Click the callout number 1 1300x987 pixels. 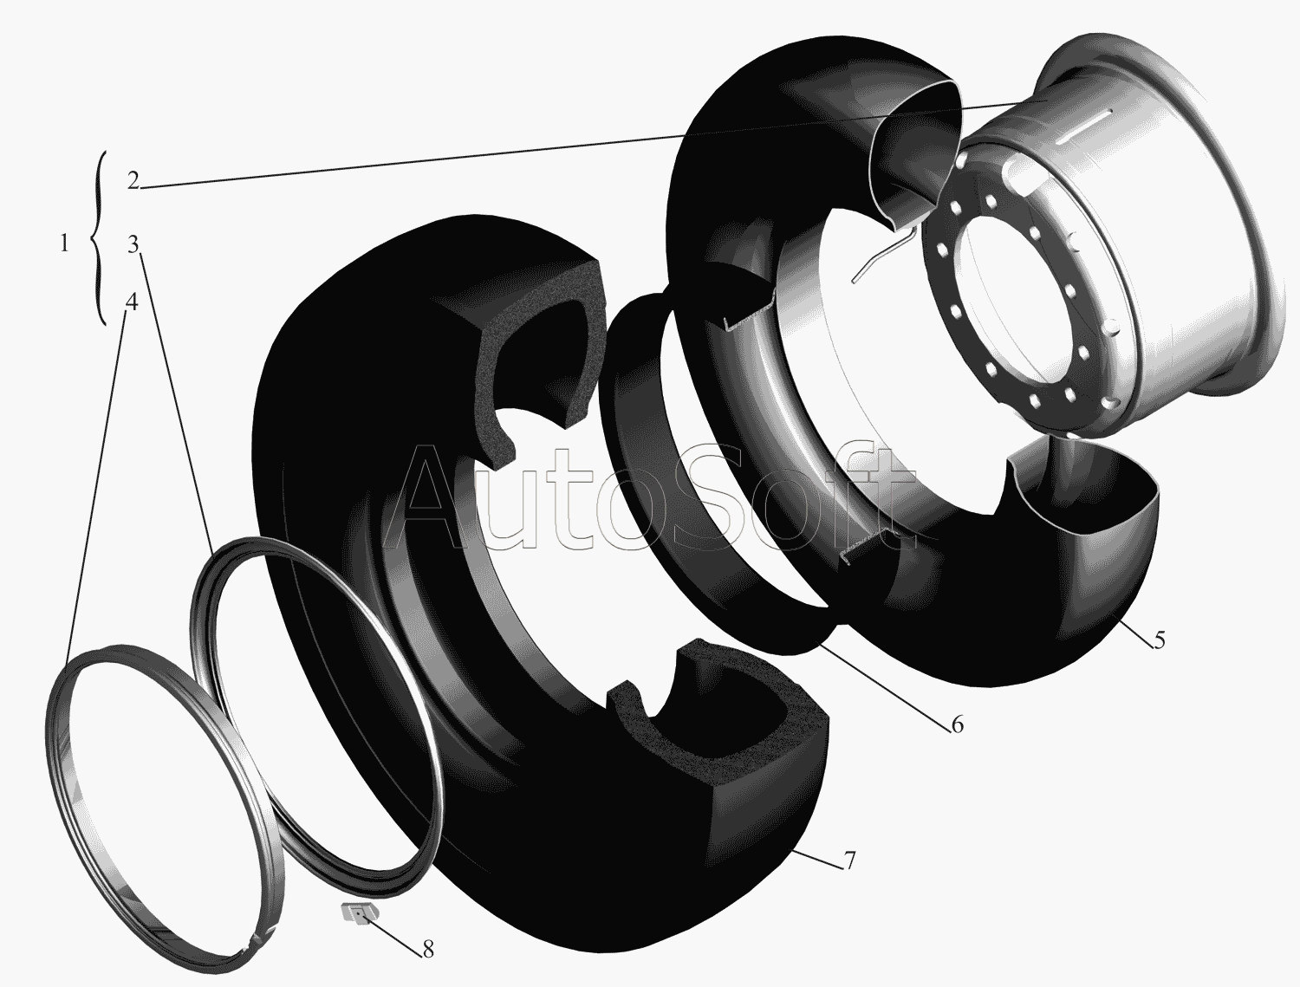click(64, 244)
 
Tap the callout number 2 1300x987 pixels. click(133, 180)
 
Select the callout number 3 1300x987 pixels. click(133, 244)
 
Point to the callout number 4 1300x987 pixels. click(132, 302)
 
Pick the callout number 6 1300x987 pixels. click(957, 724)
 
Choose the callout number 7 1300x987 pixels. click(849, 860)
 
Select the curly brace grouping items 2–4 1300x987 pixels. click(98, 238)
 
